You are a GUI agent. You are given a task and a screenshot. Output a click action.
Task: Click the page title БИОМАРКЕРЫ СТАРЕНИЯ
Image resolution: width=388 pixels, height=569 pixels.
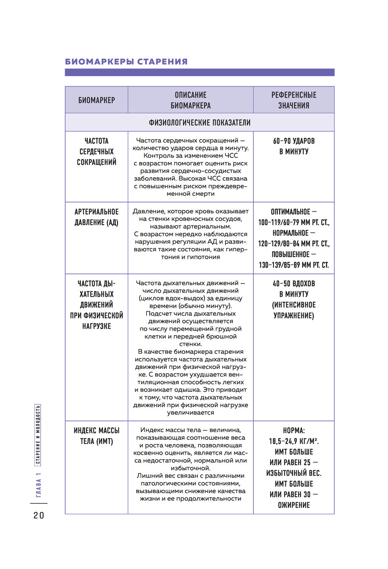click(126, 62)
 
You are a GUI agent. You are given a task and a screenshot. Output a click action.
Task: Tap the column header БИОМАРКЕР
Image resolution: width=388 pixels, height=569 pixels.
click(97, 100)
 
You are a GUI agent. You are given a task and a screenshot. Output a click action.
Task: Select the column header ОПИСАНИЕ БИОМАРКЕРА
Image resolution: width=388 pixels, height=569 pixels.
click(191, 100)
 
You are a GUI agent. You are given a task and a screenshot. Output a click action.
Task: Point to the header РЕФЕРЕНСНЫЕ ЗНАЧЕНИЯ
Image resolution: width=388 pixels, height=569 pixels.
click(294, 100)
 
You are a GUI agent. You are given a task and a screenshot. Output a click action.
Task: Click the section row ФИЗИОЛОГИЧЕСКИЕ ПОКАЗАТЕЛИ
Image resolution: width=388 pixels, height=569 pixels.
click(199, 123)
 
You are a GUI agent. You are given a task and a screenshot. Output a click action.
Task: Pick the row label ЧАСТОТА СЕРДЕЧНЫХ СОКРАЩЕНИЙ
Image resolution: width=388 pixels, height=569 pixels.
click(97, 152)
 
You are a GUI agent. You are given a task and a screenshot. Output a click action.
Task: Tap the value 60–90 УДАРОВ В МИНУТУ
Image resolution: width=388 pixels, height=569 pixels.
click(294, 146)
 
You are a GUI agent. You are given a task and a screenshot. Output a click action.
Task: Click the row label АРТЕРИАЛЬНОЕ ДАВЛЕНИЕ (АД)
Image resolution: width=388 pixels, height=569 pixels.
click(97, 217)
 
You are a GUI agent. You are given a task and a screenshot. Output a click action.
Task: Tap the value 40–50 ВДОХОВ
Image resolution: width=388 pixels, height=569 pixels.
click(294, 284)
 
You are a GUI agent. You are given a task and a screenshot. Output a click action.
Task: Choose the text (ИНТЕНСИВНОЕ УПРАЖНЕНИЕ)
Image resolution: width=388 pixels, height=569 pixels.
click(294, 310)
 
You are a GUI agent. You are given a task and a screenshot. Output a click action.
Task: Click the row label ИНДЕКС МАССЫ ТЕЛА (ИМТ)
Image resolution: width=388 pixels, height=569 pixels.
click(97, 436)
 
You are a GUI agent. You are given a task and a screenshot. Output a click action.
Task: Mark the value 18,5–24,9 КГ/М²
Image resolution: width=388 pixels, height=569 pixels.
click(294, 441)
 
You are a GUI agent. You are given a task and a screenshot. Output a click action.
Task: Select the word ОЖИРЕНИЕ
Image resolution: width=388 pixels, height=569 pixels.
click(294, 505)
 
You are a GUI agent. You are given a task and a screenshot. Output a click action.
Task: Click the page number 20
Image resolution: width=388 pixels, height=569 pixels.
click(39, 515)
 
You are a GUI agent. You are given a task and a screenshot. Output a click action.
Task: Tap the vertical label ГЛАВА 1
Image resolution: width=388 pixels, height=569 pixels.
click(38, 485)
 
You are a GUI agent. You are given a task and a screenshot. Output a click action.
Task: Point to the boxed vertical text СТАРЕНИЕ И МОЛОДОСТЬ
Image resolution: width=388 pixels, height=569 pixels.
click(38, 435)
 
